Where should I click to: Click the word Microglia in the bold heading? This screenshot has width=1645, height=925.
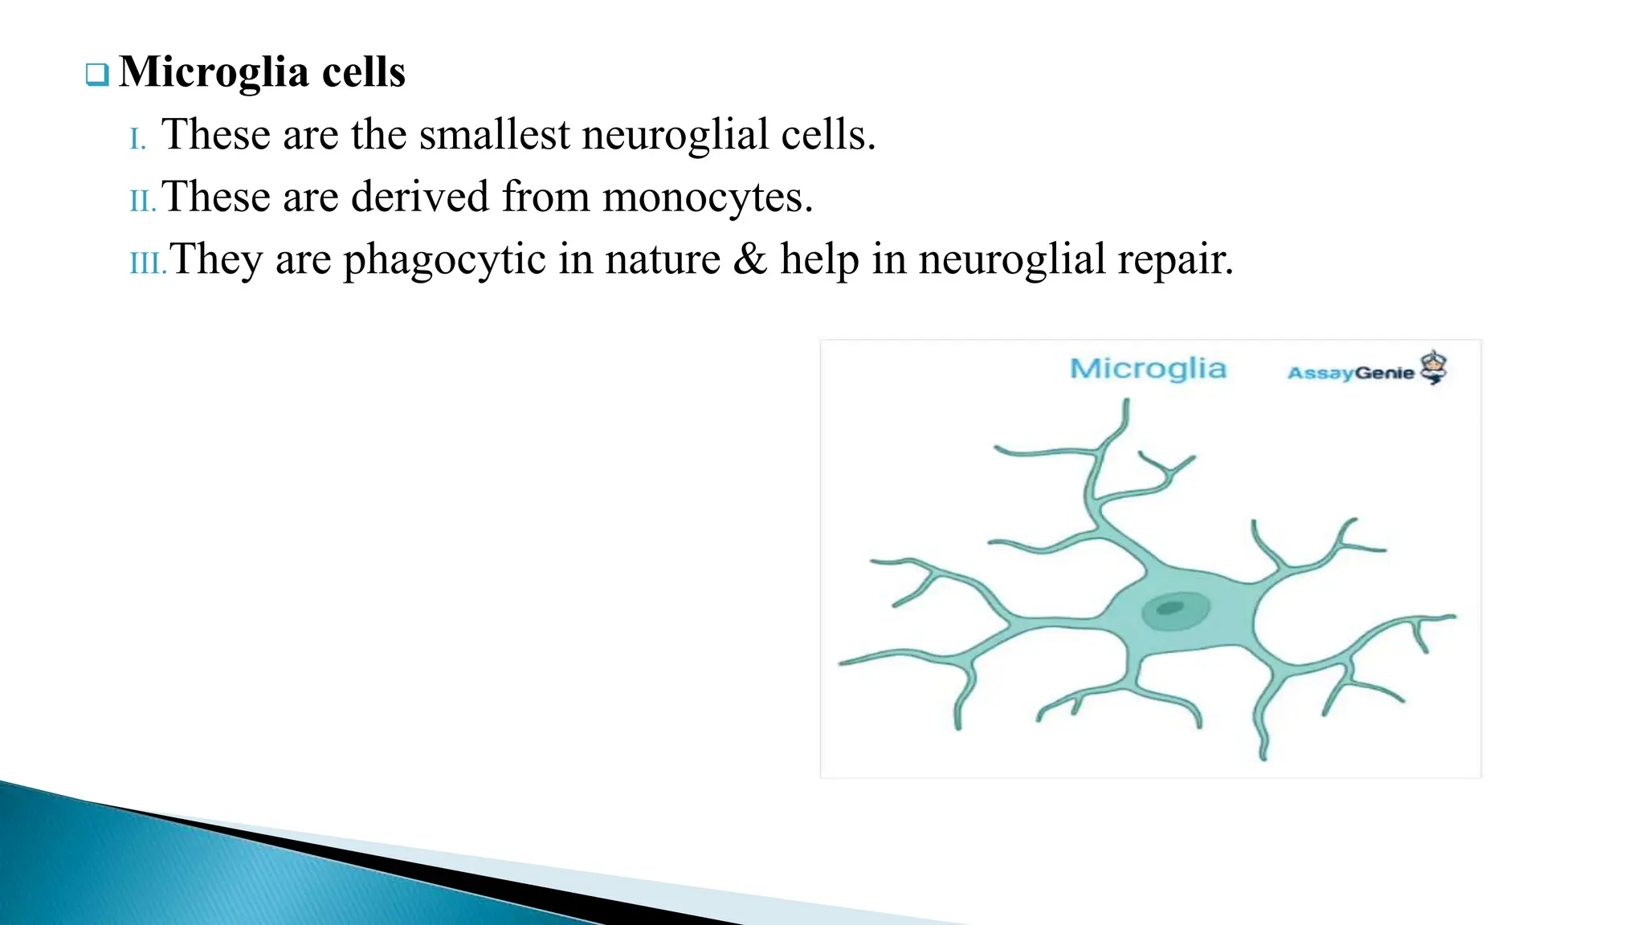(214, 73)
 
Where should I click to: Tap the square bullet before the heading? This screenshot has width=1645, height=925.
(96, 75)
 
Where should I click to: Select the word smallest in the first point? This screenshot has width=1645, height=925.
(494, 135)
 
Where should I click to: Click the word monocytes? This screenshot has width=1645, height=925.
(707, 198)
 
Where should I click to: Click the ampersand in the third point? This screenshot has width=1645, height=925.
(749, 259)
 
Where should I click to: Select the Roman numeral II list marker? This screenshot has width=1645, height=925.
(142, 202)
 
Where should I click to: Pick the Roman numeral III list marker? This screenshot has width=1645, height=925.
(148, 263)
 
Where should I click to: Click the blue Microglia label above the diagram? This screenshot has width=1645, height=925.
(1148, 369)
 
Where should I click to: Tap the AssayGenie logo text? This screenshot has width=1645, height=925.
(1350, 373)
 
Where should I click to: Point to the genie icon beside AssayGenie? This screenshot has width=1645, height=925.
(1434, 367)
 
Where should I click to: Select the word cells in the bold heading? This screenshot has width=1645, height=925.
(364, 73)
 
